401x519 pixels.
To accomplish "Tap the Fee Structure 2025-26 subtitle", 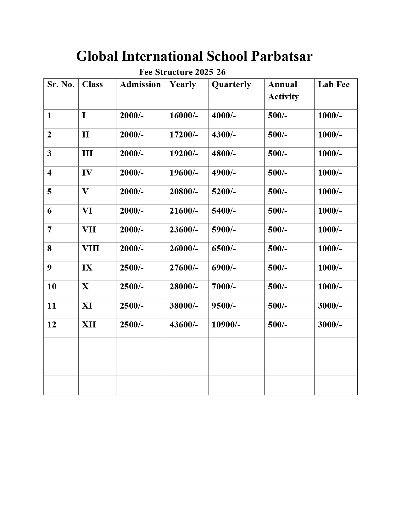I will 182,72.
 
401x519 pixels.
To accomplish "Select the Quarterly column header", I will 231,84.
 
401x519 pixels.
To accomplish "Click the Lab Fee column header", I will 333,84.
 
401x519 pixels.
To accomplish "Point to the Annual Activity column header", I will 283,90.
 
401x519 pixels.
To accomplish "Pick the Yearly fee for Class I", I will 184,115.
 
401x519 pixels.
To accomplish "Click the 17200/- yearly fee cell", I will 184,135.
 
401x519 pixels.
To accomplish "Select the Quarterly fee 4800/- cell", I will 223,153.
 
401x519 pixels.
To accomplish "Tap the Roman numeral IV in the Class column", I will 87,173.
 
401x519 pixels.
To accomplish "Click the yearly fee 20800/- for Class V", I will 184,192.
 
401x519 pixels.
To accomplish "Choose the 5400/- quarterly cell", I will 223,211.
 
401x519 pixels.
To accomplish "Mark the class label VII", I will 89,230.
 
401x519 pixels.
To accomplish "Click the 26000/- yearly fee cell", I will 184,248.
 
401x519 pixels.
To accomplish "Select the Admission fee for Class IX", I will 131,268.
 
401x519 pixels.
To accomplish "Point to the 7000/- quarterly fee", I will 223,287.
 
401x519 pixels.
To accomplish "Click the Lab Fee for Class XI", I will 330,306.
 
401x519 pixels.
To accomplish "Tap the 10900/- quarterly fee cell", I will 226,325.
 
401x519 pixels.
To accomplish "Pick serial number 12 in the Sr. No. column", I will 52,325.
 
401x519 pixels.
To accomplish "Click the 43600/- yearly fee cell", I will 184,325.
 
